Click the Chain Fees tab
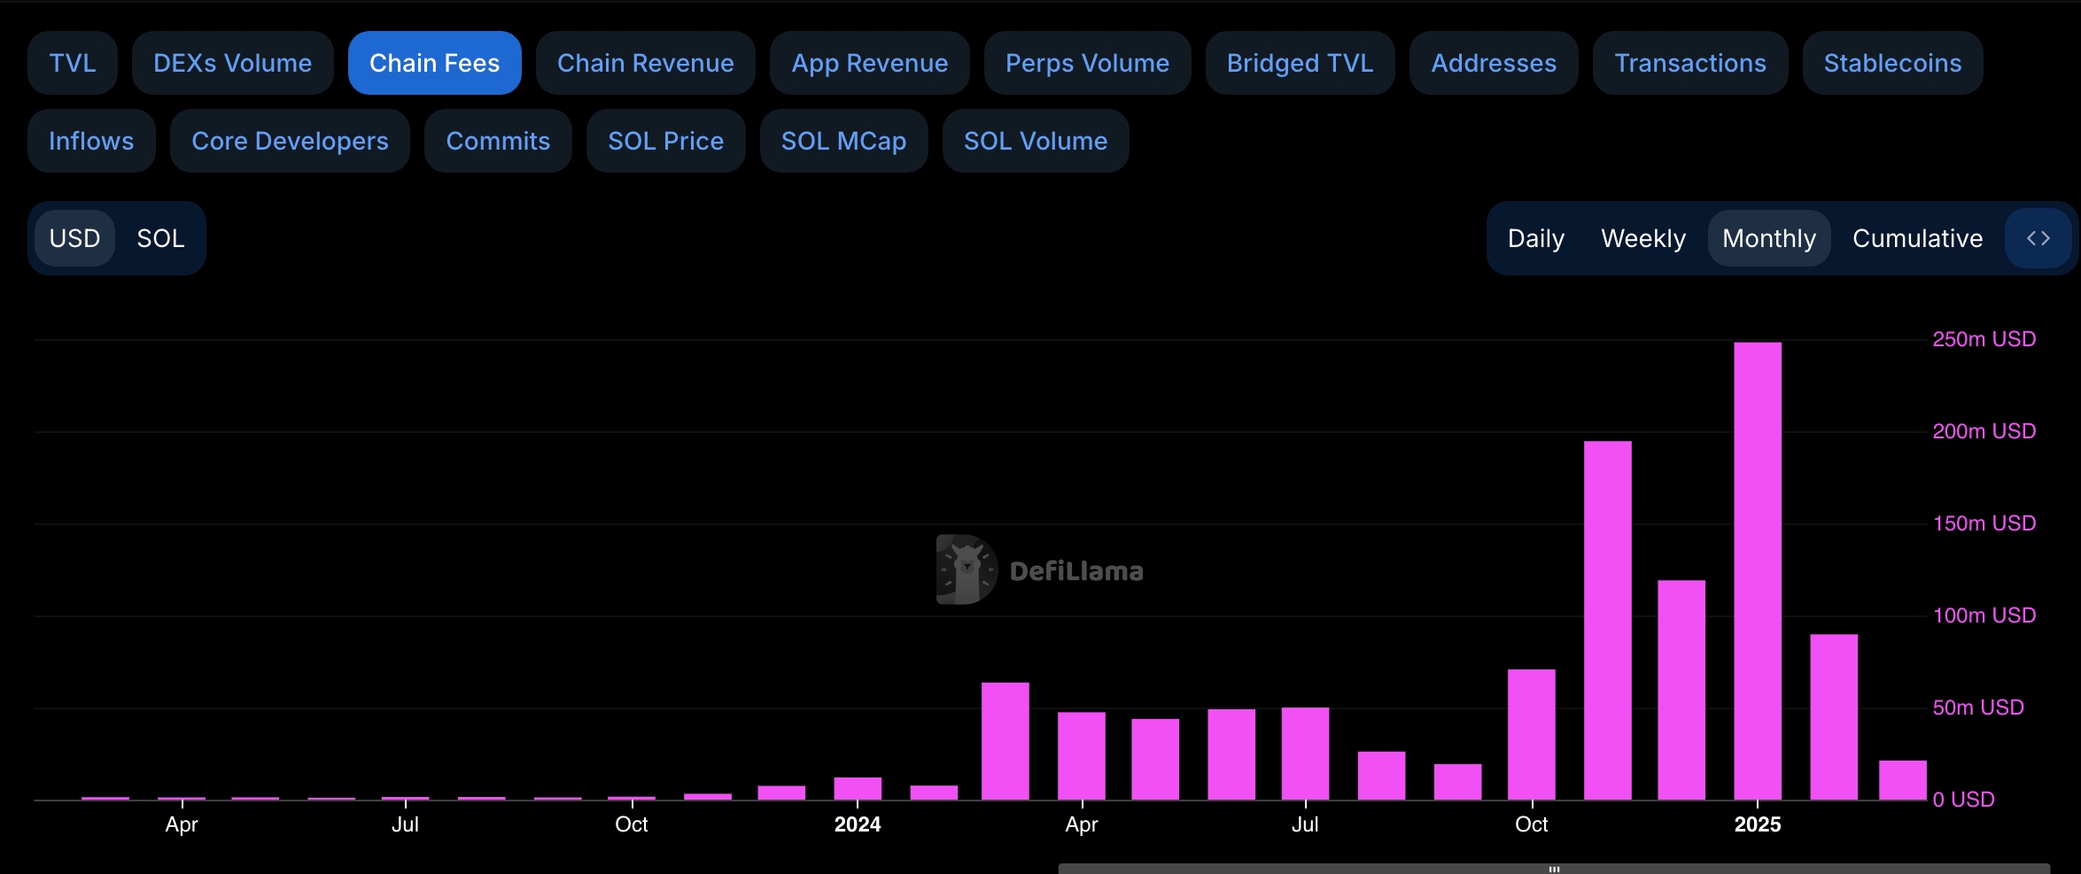(434, 63)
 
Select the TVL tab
(72, 63)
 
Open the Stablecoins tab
(1892, 63)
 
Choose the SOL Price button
(665, 141)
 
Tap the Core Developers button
(290, 141)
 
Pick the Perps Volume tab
(1087, 63)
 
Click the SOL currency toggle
(160, 238)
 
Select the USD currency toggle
(74, 238)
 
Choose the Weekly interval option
(1643, 238)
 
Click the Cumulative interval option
(1917, 238)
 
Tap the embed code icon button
(2038, 238)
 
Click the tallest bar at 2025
(1758, 571)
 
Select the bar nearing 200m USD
(1607, 620)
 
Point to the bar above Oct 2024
(1532, 734)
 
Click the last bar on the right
(1903, 780)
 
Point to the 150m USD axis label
(1984, 523)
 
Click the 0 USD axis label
(1963, 800)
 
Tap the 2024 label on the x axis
(857, 824)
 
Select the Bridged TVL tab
(1300, 63)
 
